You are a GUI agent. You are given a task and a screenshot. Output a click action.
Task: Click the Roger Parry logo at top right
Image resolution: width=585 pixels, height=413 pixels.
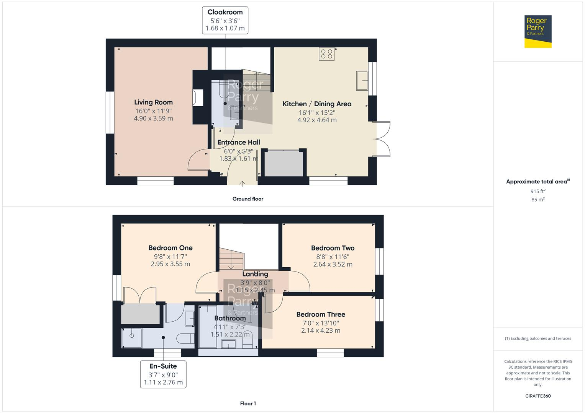click(x=537, y=31)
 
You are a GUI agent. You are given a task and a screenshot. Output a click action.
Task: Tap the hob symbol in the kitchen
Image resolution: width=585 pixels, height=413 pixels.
click(x=326, y=54)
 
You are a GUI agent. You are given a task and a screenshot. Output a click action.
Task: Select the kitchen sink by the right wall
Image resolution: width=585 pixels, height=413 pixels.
click(x=362, y=80)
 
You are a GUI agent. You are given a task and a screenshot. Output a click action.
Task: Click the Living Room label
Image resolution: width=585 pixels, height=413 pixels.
click(x=153, y=102)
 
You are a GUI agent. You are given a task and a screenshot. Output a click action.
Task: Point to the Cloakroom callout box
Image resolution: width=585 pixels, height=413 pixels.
click(x=225, y=20)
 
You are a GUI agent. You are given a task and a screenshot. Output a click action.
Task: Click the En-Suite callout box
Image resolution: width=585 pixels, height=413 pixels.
click(x=163, y=374)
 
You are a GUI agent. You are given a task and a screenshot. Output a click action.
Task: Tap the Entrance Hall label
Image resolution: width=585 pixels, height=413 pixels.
click(x=239, y=142)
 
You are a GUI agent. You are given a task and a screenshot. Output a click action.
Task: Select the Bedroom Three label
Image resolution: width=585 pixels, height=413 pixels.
click(x=321, y=314)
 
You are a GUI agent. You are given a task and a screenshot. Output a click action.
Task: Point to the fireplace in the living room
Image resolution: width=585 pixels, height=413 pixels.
click(x=198, y=97)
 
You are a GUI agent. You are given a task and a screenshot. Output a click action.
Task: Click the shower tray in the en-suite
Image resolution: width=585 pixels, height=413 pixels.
click(x=131, y=338)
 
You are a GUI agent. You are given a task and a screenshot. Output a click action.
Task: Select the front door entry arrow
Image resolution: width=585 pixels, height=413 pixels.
click(x=242, y=184)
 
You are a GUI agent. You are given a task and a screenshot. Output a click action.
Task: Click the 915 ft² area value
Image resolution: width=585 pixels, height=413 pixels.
click(x=538, y=191)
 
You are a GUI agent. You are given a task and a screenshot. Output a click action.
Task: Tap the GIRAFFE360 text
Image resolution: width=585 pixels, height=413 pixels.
click(x=538, y=396)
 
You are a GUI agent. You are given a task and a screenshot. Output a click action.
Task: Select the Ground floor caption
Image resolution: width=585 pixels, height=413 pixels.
click(x=248, y=199)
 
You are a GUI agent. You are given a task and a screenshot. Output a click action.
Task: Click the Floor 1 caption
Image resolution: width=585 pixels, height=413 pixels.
click(x=248, y=403)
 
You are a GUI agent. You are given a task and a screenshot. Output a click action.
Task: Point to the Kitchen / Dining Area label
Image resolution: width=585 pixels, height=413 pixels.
click(x=317, y=104)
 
